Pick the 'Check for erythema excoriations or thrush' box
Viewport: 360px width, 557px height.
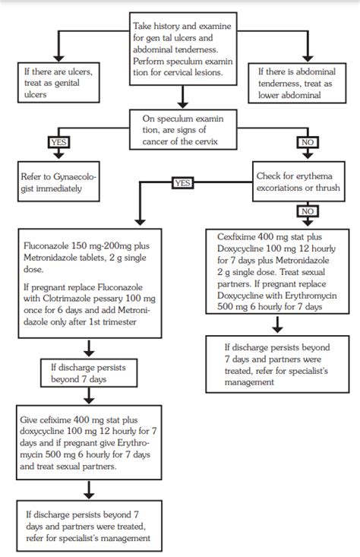(300, 182)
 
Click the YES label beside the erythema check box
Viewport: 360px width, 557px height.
(184, 183)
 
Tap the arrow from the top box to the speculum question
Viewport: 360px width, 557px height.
(179, 99)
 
